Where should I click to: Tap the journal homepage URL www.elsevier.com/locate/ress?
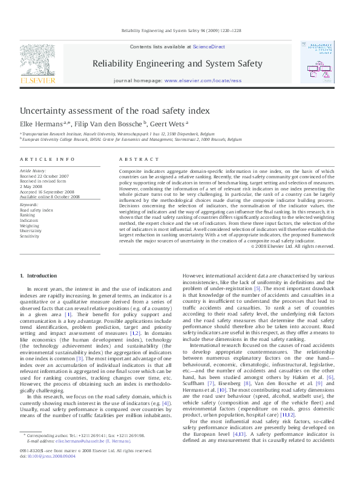point(203,80)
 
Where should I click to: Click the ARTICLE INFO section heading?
point(43,159)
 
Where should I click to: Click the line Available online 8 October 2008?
point(50,196)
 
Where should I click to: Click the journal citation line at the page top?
point(180,30)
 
